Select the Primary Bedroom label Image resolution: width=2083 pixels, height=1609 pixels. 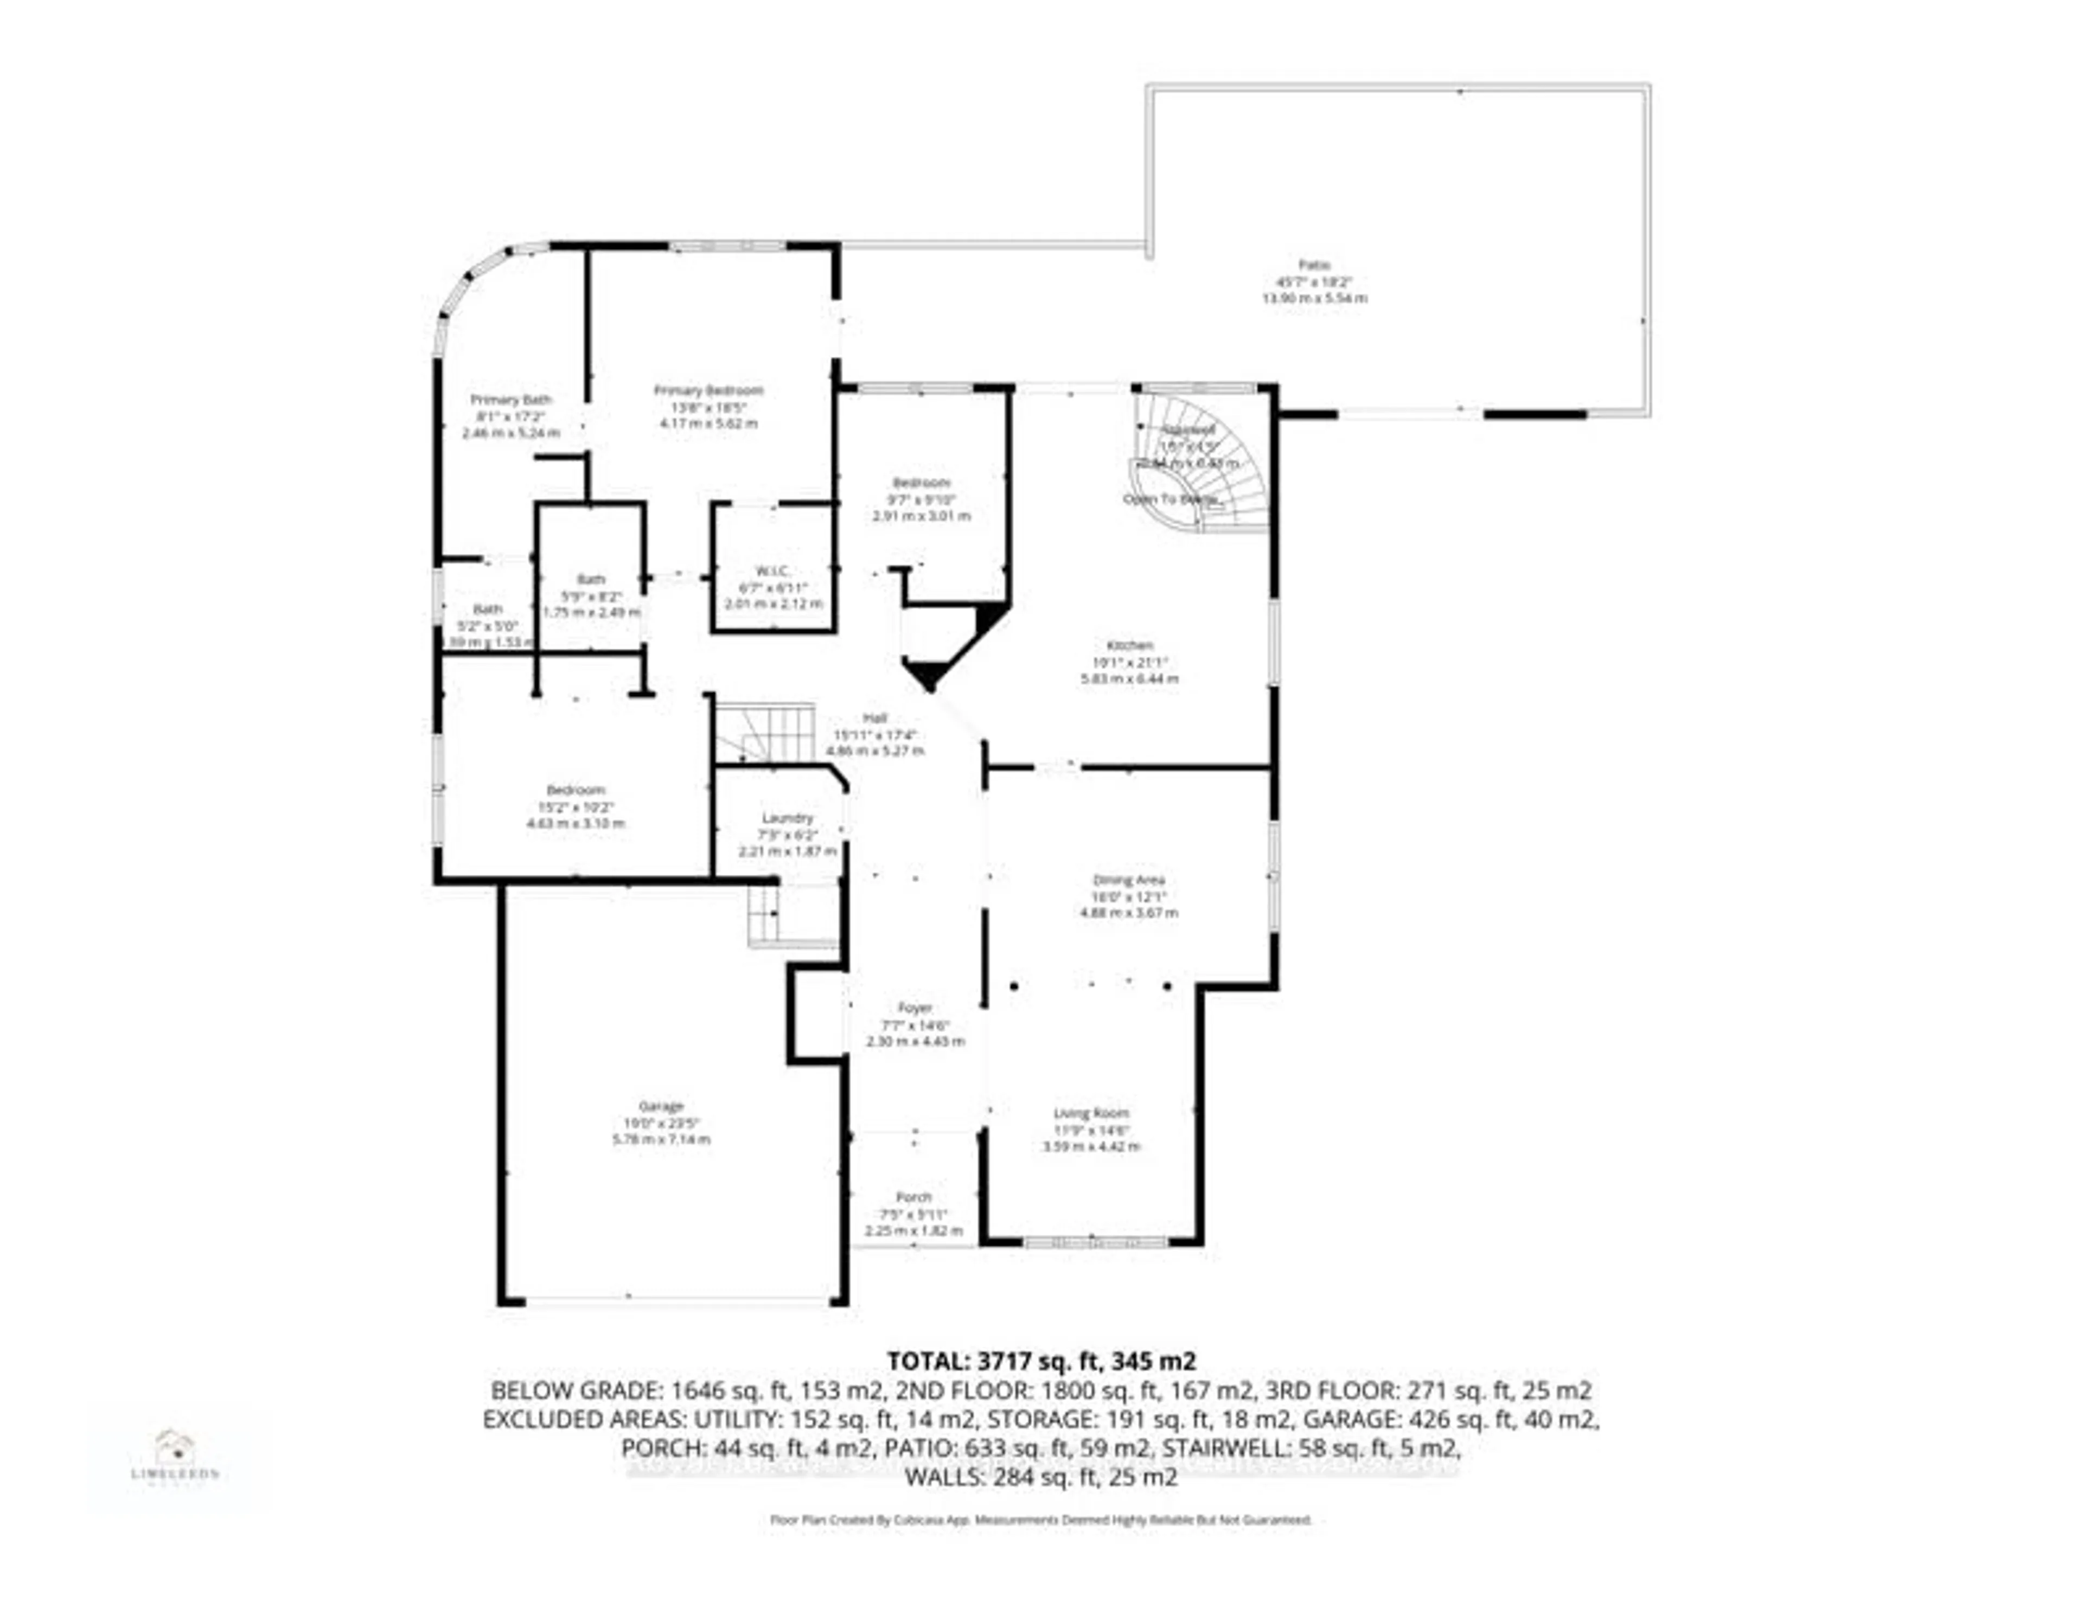[x=708, y=390]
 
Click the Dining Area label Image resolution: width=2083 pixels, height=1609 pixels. [x=1128, y=880]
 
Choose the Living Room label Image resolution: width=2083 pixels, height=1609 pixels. [x=1091, y=1113]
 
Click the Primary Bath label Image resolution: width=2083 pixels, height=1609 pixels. [x=511, y=400]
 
